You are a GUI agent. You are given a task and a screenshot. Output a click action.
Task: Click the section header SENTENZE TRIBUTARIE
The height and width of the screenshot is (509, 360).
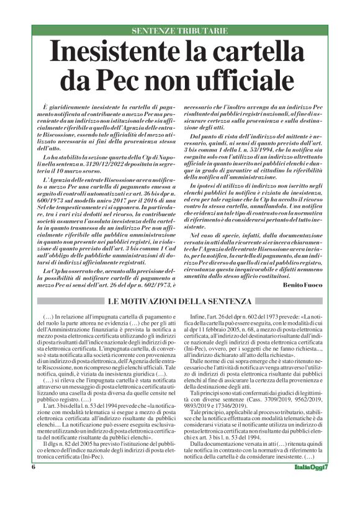tap(180, 30)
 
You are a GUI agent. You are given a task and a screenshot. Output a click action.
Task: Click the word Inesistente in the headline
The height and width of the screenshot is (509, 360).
tap(124, 51)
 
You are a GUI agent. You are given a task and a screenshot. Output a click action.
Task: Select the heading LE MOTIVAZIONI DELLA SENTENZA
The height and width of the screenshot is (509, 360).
tap(180, 301)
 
